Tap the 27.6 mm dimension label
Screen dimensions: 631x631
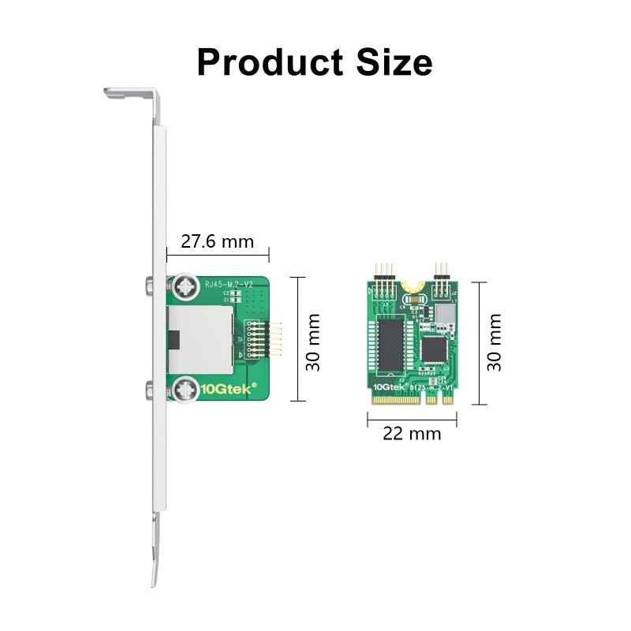(x=218, y=241)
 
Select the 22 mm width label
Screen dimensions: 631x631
(x=412, y=433)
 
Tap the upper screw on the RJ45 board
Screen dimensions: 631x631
(x=187, y=287)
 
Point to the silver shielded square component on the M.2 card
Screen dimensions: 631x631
(x=446, y=315)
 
